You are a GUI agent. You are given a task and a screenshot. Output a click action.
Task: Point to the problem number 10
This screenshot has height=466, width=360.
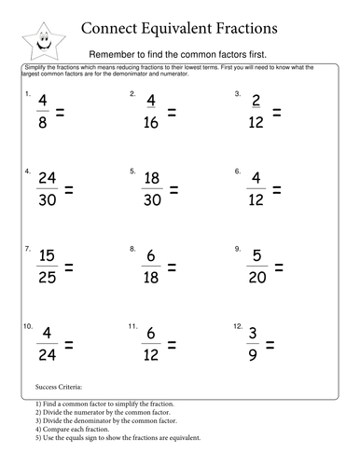29,327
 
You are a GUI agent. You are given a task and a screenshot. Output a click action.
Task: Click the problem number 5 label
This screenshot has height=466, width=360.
132,171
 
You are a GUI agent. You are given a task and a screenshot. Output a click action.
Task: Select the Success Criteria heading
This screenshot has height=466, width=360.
58,385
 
